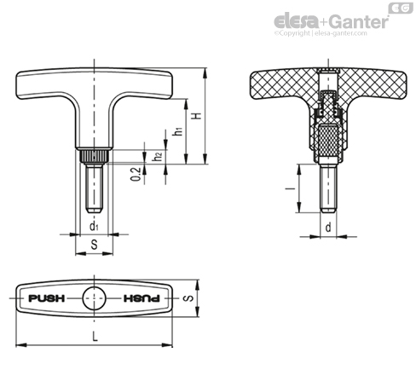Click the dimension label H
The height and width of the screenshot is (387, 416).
coord(197,116)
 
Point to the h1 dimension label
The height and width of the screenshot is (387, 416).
coord(178,131)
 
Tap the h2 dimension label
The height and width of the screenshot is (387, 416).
coord(157,156)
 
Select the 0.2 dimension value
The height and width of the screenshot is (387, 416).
coord(136,174)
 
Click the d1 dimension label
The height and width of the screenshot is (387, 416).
coord(94,227)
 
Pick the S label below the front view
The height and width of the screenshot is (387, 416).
coord(94,245)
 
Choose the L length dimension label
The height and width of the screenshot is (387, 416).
coord(95,337)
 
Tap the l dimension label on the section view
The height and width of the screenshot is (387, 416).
coord(290,188)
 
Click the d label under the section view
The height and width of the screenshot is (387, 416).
coord(328,227)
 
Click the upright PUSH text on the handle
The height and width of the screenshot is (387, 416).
coord(47,298)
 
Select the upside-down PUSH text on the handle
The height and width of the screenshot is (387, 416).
coord(142,298)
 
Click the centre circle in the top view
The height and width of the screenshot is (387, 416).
coord(95,298)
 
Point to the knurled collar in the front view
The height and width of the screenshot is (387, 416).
coord(94,157)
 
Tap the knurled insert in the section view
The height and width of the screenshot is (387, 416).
coord(328,142)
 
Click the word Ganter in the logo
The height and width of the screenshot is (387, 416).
coord(359,21)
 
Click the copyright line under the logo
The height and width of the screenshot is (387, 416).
coord(321,33)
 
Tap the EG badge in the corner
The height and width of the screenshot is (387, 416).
coord(401,8)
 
